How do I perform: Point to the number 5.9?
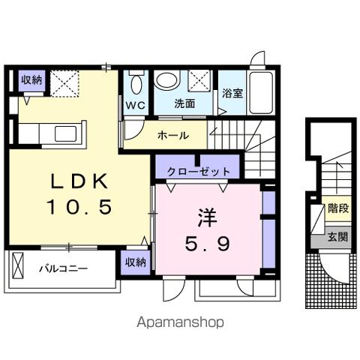(208, 244)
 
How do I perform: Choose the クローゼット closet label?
(199, 171)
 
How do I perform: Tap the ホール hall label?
(172, 136)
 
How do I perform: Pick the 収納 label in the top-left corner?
(31, 80)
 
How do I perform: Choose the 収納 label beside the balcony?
(135, 261)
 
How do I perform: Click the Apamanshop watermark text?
(180, 322)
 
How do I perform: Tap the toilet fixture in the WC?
(135, 82)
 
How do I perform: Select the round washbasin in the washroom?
(166, 79)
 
